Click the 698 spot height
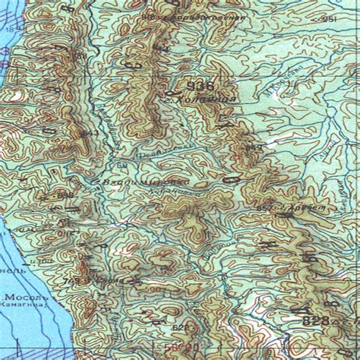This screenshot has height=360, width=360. pyautogui.click(x=65, y=195)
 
